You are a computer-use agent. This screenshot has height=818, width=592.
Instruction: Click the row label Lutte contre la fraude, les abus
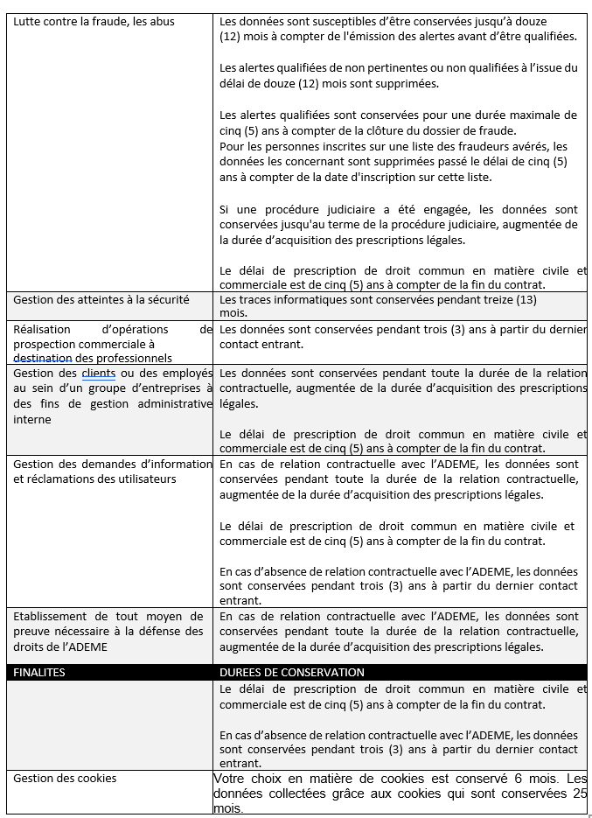click(x=94, y=21)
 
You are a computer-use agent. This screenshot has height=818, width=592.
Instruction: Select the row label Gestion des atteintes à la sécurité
click(x=101, y=299)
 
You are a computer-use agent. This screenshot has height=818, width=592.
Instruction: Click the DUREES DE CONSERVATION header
click(x=291, y=673)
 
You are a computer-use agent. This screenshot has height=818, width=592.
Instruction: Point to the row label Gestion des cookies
click(x=64, y=778)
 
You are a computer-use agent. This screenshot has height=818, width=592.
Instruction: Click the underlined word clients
click(x=98, y=374)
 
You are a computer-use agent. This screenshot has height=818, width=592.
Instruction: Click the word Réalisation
click(x=45, y=330)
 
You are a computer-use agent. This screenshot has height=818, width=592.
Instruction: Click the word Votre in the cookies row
click(x=232, y=779)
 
